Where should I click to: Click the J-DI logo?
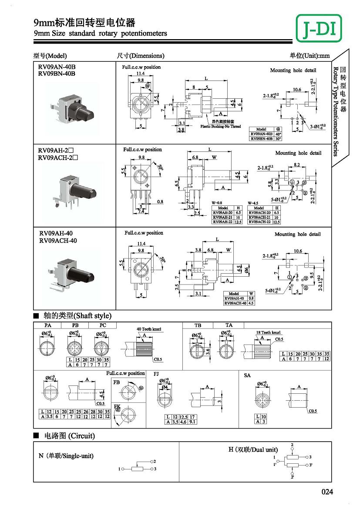click(x=319, y=28)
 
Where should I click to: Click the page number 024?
click(x=327, y=492)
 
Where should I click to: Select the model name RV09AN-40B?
click(x=57, y=67)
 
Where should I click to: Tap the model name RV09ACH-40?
click(x=58, y=241)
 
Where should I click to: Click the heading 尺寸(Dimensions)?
click(x=141, y=56)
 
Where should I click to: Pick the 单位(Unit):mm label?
click(x=310, y=56)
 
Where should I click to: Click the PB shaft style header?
click(x=75, y=325)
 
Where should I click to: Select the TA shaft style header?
click(x=229, y=325)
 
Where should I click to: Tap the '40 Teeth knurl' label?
click(x=149, y=329)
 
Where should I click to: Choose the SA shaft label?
click(x=247, y=375)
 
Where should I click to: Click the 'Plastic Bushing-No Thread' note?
click(x=220, y=127)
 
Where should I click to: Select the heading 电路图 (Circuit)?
click(x=69, y=436)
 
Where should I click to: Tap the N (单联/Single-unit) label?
click(x=66, y=456)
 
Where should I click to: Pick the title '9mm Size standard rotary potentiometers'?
click(x=101, y=33)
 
